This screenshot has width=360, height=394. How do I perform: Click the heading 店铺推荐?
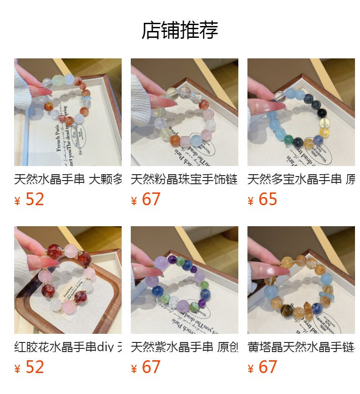click(x=180, y=30)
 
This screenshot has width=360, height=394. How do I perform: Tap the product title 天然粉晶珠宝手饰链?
click(x=184, y=179)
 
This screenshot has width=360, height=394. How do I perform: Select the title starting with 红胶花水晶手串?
click(x=68, y=347)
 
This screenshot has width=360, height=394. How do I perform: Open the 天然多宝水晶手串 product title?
click(x=301, y=179)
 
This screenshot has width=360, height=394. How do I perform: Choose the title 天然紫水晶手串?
click(x=184, y=347)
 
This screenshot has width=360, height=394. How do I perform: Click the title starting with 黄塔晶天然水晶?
click(x=301, y=347)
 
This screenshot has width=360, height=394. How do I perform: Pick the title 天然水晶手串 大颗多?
click(x=68, y=179)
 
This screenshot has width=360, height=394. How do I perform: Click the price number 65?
click(x=267, y=199)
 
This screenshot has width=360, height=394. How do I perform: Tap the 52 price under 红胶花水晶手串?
click(x=35, y=367)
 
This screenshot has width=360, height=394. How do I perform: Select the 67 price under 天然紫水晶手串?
click(x=151, y=367)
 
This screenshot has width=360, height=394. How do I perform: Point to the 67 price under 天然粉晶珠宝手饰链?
click(x=151, y=199)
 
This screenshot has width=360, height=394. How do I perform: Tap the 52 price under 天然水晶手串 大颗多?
click(x=35, y=199)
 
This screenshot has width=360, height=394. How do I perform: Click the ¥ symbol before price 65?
click(x=250, y=201)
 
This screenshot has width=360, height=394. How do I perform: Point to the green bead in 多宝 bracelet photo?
click(x=288, y=138)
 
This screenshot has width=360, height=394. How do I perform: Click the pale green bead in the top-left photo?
click(x=58, y=80)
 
